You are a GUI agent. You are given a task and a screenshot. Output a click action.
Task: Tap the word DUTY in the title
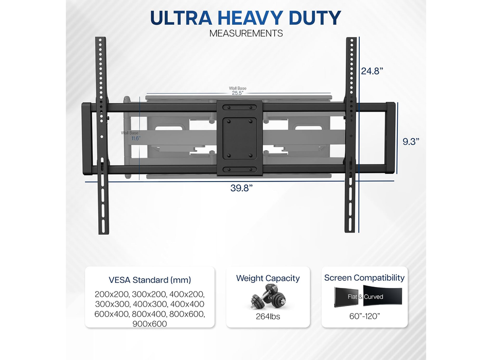(313, 18)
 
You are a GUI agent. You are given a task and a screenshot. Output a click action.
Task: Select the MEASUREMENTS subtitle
(246, 33)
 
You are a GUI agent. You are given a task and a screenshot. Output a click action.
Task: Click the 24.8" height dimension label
(373, 71)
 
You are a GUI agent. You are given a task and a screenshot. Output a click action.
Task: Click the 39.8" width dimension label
(241, 188)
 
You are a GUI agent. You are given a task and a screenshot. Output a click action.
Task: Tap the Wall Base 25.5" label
(237, 91)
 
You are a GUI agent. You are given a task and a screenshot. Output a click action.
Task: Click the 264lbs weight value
(268, 316)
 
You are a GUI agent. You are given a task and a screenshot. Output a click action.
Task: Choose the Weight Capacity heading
(268, 278)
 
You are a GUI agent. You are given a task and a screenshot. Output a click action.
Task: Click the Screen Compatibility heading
(364, 278)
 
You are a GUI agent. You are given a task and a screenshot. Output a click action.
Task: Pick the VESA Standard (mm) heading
(150, 280)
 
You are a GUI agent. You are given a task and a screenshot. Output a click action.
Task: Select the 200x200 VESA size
(109, 295)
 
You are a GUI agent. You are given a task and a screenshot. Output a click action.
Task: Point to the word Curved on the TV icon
(374, 297)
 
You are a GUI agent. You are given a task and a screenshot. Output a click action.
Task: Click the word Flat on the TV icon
(352, 297)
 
